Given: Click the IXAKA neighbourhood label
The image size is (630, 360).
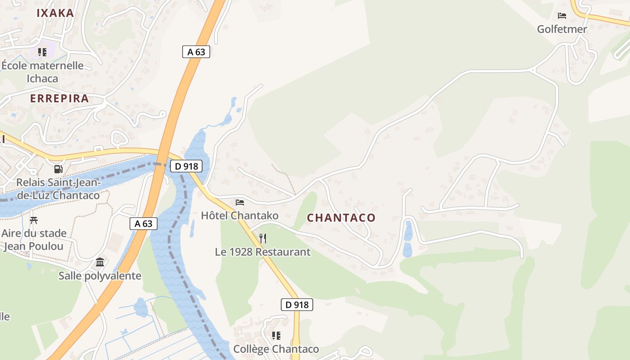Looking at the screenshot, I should click(55, 13).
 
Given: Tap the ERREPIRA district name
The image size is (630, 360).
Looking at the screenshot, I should click(59, 99).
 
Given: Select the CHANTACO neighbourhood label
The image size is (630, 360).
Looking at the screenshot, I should click(341, 218).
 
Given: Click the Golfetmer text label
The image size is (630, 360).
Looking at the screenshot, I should click(562, 29).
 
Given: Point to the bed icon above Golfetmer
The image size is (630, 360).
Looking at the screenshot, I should click(562, 16).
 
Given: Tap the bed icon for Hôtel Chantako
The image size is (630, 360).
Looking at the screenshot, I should click(240, 202).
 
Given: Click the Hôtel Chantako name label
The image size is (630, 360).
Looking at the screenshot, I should click(240, 216).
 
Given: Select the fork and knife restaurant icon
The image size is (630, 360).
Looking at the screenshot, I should click(263, 238).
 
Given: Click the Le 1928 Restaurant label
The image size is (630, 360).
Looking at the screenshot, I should click(263, 252).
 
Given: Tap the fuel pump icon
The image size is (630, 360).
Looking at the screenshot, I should click(58, 169).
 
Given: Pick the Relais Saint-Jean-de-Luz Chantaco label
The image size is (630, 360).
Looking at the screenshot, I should click(58, 189).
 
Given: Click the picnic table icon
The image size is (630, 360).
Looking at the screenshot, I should click(34, 220).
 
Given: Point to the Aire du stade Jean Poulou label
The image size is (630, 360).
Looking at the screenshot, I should click(34, 240).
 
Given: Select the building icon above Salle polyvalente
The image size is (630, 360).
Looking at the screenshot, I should click(100, 262).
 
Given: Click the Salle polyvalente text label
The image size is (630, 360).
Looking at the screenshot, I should click(100, 276).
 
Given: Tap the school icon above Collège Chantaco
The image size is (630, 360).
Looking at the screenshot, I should click(276, 336).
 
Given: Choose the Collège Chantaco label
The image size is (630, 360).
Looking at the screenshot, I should click(276, 349).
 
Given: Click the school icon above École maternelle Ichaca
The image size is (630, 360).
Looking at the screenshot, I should click(42, 52).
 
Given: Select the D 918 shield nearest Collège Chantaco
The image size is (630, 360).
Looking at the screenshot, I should click(297, 305).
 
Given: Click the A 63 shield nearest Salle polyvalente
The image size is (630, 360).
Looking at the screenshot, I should click(144, 223).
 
